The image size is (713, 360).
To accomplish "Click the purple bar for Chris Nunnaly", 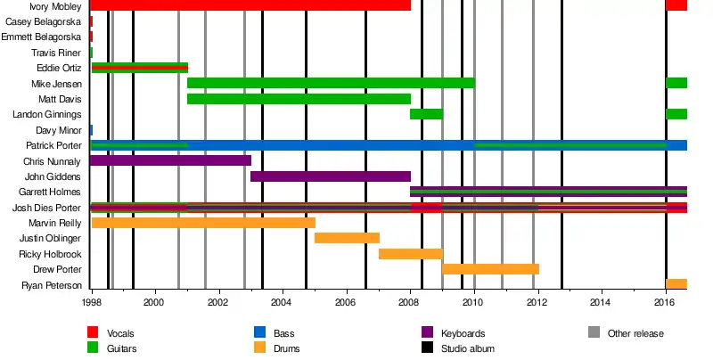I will click(x=170, y=161).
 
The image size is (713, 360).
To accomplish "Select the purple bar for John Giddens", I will click(x=330, y=176).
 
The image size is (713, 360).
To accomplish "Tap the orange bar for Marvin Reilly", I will click(x=203, y=223).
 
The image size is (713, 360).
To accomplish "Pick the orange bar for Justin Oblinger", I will click(x=347, y=238).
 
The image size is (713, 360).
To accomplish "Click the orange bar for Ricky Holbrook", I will click(x=410, y=254).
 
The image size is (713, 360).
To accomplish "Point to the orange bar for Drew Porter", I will click(x=490, y=269).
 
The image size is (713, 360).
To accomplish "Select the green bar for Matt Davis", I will click(x=299, y=99).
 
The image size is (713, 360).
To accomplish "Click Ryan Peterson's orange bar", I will click(x=676, y=284).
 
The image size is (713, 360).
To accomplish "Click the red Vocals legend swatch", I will click(x=93, y=333).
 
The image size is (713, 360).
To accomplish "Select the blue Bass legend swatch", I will click(x=260, y=333).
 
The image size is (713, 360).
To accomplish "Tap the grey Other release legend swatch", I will click(x=594, y=333).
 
